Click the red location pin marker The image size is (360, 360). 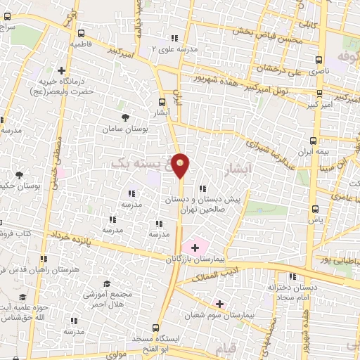click(181, 165)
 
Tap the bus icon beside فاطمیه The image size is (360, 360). click(81, 32)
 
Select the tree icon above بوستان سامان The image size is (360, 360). click(125, 117)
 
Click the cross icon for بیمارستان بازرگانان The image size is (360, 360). click(195, 247)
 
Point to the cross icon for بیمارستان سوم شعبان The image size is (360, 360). click(220, 304)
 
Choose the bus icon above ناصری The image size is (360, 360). click(320, 60)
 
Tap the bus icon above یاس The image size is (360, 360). click(316, 208)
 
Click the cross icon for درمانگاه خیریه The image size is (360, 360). click(62, 70)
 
